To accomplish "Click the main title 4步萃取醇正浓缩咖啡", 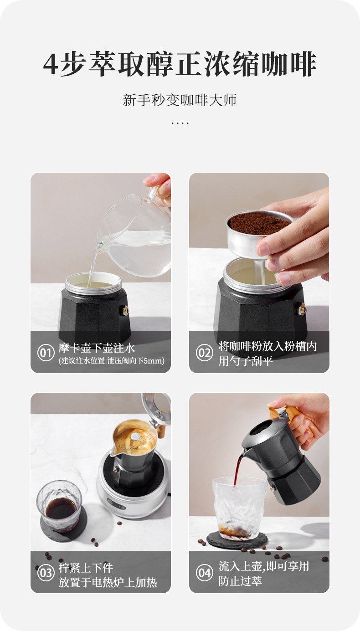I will coord(180,64).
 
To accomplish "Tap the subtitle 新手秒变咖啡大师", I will coord(180,100).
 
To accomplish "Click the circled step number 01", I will coord(46,353).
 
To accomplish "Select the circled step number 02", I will coord(205,353).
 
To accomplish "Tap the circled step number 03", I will coord(46,573).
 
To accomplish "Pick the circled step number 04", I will coord(205,573).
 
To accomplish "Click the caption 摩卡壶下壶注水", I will coord(97,348).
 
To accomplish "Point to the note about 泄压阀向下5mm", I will coord(112,361).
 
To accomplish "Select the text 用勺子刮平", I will coord(240,361).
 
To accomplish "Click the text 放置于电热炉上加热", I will coord(108,583).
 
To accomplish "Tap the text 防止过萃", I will coord(240,581).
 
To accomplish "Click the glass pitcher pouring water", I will coord(137,237).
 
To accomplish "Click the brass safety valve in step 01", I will coord(125,311).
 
